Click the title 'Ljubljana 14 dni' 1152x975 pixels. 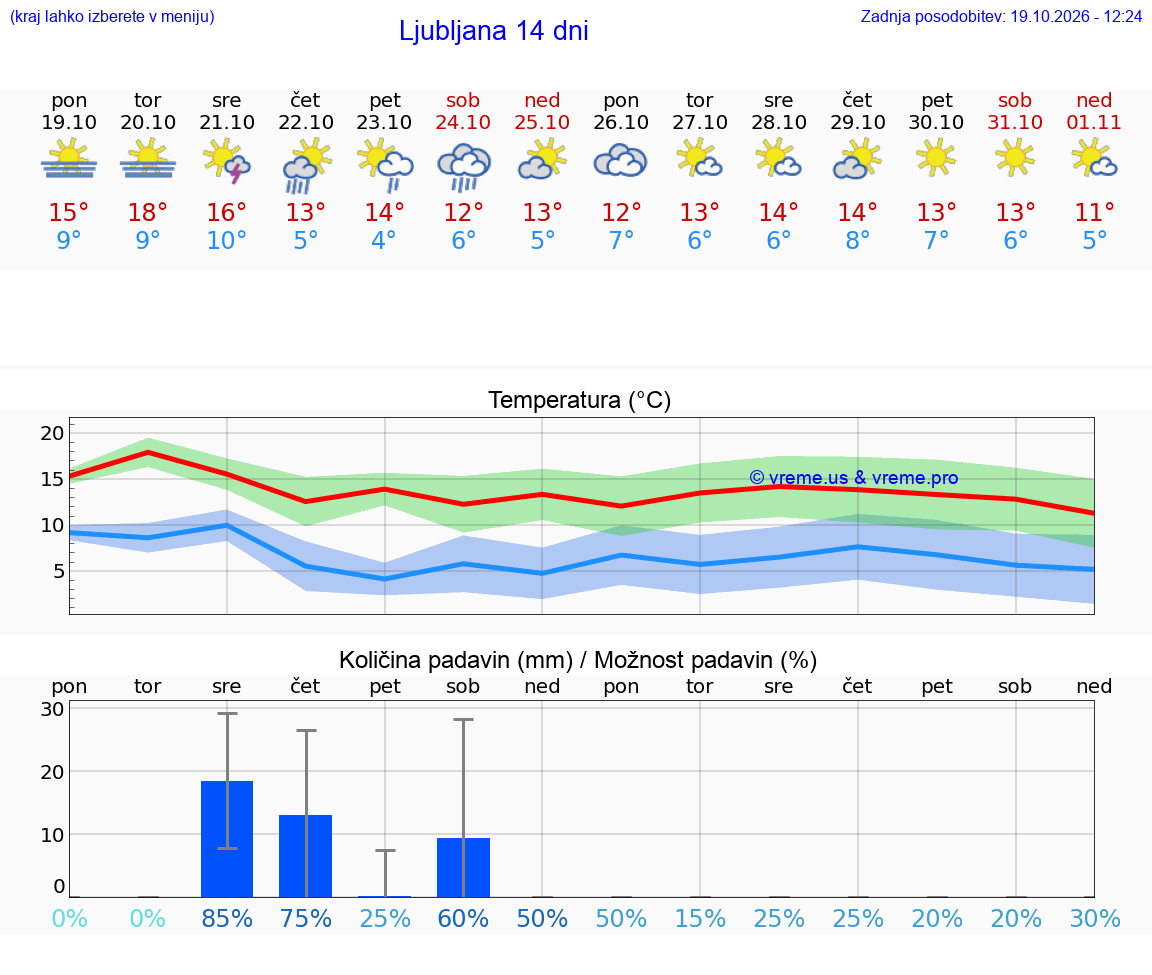coord(493,31)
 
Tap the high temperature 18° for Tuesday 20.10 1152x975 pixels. coord(148,212)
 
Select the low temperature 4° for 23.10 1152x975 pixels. coord(384,240)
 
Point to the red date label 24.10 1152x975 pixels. coord(463,122)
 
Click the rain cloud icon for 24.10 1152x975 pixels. coord(464,167)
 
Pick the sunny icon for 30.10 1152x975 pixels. coord(936,158)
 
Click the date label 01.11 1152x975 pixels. coord(1094,122)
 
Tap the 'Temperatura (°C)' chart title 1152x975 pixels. coord(580,400)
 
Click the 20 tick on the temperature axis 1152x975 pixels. coord(52,433)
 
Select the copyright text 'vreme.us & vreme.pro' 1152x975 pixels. coord(854,478)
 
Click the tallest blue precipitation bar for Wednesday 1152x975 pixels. coord(227,839)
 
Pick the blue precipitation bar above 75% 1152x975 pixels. coord(306,856)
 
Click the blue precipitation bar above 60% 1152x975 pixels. coord(464,868)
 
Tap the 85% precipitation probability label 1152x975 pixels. coord(227,918)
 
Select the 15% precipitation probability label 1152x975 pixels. coord(700,918)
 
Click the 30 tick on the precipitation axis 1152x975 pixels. coord(52,709)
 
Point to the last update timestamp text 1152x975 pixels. coord(1001,16)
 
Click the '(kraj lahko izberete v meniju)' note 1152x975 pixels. coord(112,16)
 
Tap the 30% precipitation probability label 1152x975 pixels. coord(1095,918)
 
